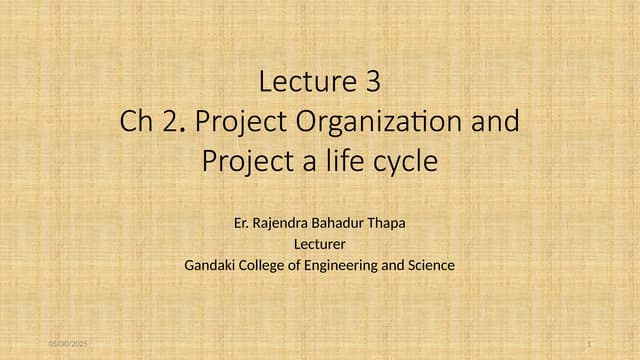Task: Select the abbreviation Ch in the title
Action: (135, 122)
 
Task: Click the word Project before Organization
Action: (237, 122)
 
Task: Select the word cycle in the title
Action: (404, 160)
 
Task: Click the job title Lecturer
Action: (319, 243)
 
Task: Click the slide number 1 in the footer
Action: (590, 344)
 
